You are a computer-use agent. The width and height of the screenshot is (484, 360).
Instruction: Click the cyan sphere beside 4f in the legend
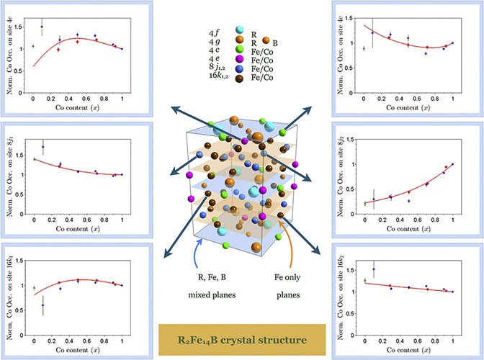239,29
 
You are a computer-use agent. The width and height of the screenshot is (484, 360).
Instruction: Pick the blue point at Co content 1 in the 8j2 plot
453,165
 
